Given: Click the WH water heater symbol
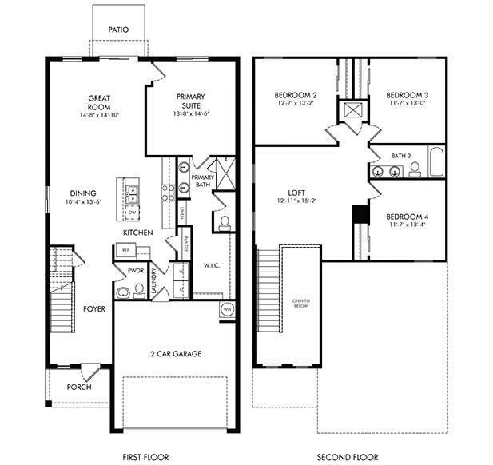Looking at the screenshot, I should [227, 309].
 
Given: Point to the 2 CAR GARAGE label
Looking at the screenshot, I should [175, 353].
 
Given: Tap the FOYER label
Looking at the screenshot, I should [95, 308].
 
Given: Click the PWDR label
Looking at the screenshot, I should [136, 272].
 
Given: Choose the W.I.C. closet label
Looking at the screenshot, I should [212, 265].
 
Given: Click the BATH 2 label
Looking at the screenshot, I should [401, 156].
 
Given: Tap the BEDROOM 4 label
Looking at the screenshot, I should [407, 217].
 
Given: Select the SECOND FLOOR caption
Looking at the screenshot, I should [348, 457].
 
